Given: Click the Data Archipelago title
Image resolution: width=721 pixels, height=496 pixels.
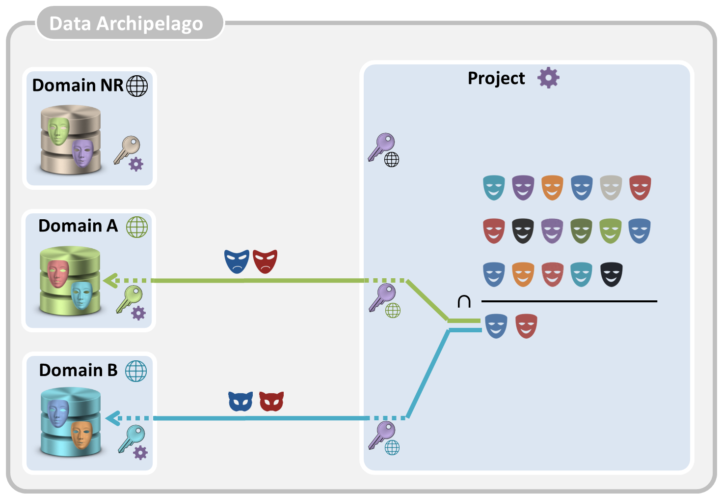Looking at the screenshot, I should [x=126, y=24].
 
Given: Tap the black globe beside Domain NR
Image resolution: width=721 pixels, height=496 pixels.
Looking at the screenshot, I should [x=137, y=86].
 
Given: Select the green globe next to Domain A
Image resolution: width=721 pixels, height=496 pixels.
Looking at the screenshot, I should [x=137, y=227].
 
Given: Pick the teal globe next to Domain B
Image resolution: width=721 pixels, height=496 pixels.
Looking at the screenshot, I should [x=136, y=371].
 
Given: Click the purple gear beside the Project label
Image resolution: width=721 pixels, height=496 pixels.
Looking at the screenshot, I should [x=548, y=78].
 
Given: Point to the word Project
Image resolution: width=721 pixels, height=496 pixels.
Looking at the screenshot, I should [x=496, y=78].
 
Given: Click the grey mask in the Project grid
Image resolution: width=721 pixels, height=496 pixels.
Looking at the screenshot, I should [x=611, y=188].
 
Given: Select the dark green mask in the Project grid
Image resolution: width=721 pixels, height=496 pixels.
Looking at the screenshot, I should [x=581, y=231].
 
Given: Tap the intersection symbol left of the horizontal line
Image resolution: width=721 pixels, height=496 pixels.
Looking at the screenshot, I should [x=464, y=301].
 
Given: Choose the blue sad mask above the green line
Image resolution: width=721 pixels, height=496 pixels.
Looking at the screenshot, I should [x=237, y=261].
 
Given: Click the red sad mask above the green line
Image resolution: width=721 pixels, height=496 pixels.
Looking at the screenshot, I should [x=265, y=261].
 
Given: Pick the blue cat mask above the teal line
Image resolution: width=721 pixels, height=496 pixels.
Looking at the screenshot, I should [x=240, y=401].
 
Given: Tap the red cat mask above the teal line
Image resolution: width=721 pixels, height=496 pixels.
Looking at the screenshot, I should [x=271, y=401].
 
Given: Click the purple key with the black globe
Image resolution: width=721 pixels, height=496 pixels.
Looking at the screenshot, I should [x=382, y=146].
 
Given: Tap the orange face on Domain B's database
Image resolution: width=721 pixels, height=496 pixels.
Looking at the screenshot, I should [x=81, y=434].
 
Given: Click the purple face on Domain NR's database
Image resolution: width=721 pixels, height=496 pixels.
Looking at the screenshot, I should [x=82, y=152].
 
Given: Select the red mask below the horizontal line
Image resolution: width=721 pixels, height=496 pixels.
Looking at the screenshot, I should [x=526, y=326].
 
